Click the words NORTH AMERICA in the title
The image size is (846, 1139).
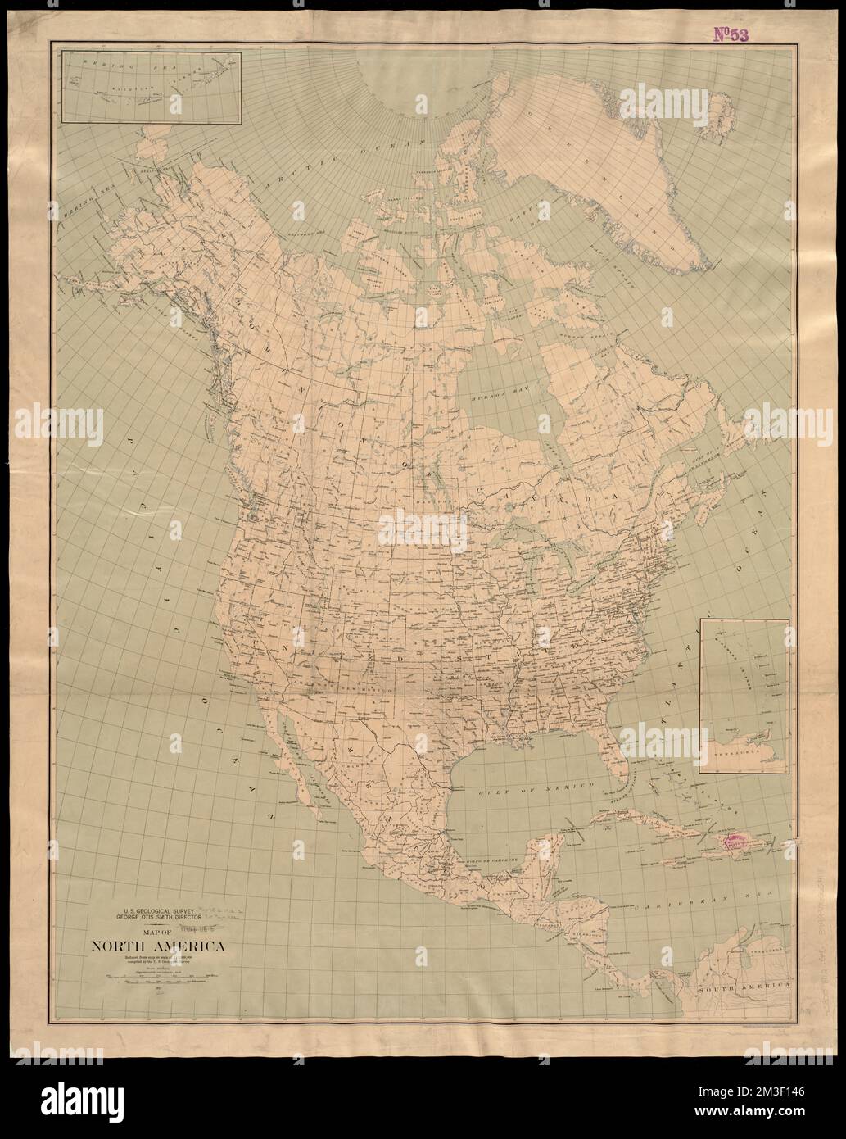tap(154, 950)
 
